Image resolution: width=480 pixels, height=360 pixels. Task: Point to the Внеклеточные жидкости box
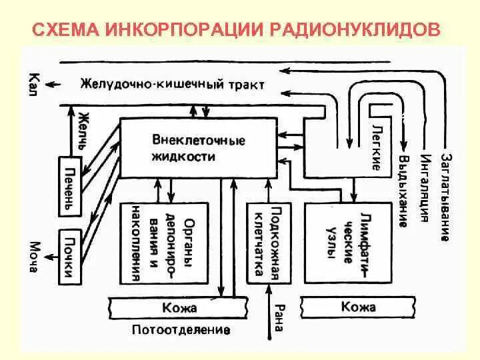tap(198, 148)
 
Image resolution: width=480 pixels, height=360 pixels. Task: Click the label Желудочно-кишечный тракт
tap(173, 84)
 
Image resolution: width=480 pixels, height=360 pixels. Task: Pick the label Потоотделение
tap(181, 329)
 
